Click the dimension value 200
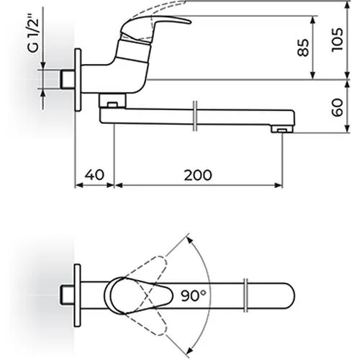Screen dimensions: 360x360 point(198,175)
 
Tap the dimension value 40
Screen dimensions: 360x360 point(94,175)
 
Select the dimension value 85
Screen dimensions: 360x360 point(303,48)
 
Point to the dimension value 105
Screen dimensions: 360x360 point(337,40)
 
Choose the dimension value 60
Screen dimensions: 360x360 point(337,107)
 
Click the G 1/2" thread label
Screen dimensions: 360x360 point(33,34)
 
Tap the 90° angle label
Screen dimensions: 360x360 point(194,295)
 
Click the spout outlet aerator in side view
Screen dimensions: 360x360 point(282,130)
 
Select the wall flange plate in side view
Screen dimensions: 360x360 point(78,80)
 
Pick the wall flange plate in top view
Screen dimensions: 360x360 point(77,295)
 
